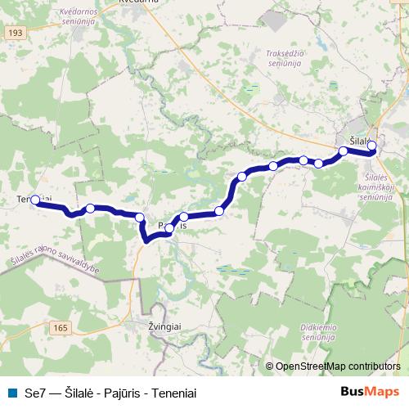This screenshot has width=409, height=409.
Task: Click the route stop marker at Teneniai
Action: point(35,199)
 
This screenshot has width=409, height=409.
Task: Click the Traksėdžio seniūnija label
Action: point(285,57)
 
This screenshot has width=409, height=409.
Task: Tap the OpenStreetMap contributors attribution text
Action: point(338,366)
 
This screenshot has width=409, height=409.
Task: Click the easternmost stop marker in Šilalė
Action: point(371,146)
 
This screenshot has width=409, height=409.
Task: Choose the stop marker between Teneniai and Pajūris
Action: point(90,209)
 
